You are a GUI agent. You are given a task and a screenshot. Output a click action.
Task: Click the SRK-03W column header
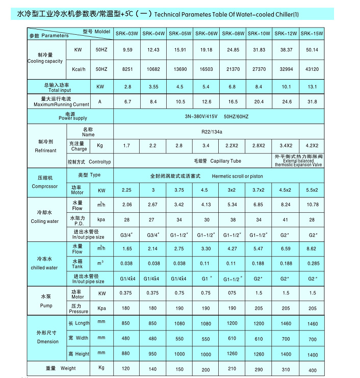tap(126, 34)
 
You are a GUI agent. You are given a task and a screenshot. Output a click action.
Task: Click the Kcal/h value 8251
tap(126, 69)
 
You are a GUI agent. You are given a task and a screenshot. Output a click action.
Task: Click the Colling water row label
tap(44, 221)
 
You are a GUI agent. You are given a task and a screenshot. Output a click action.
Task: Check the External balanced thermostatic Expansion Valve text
tap(299, 161)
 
